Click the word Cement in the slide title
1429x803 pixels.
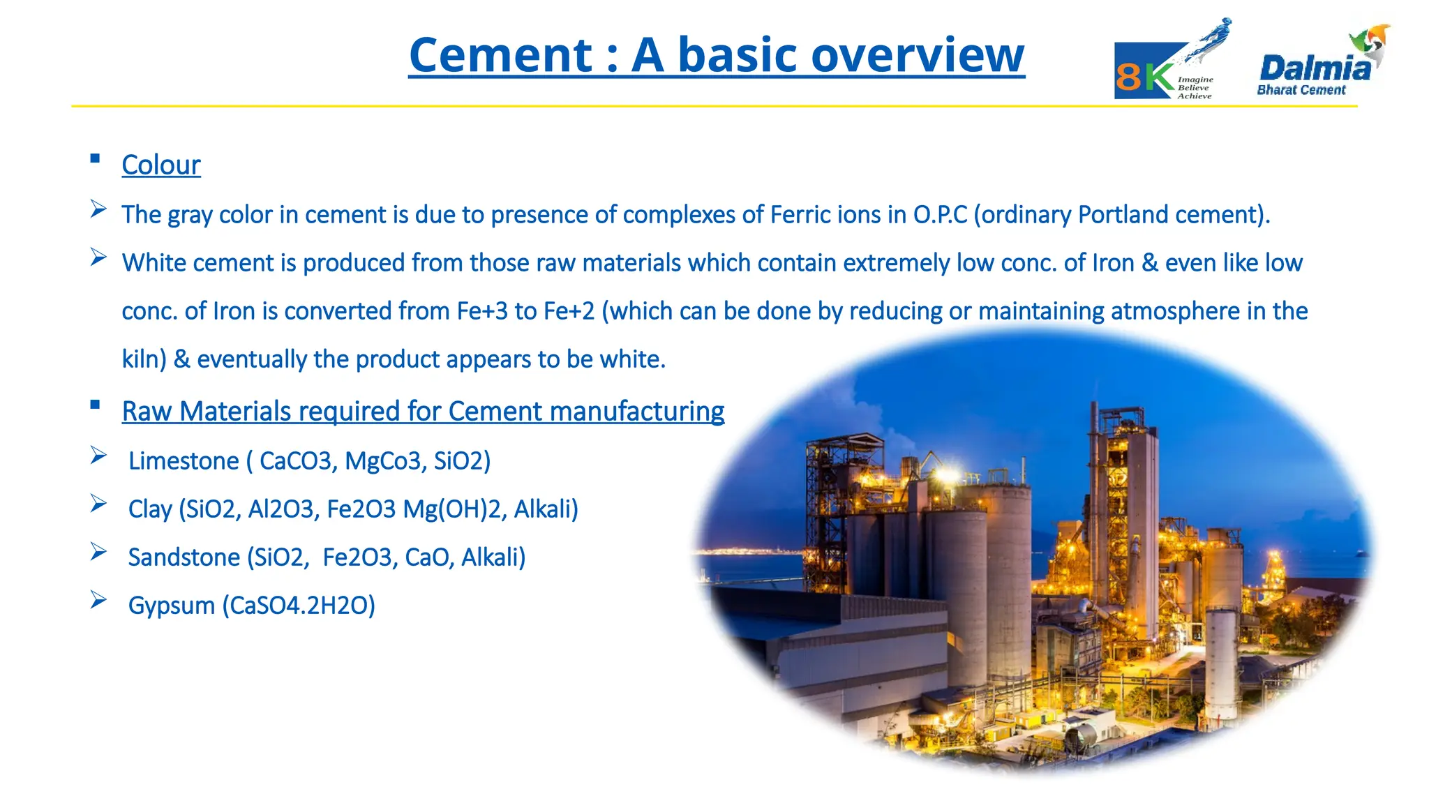500,55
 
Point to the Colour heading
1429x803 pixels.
161,165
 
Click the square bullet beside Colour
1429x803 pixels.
96,158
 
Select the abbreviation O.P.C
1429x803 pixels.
940,215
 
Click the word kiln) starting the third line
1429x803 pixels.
144,359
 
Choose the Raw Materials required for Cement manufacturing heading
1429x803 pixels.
423,412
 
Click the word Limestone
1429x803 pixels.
184,461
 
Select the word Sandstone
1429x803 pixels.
184,557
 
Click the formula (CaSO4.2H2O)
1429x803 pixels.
299,606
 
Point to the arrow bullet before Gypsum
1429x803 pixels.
98,600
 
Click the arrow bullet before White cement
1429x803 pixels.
98,257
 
